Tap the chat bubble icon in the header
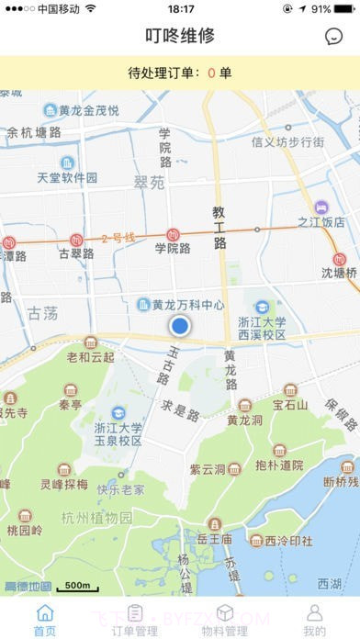(x=333, y=37)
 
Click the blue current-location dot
(x=180, y=325)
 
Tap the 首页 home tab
(x=44, y=621)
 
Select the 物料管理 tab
(x=225, y=621)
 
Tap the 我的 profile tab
(x=314, y=621)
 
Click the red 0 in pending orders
(x=211, y=73)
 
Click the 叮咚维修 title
(x=180, y=36)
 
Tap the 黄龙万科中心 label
(x=187, y=304)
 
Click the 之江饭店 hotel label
(x=321, y=221)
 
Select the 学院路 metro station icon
(x=173, y=235)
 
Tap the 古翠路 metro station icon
(x=77, y=241)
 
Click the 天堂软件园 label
(x=67, y=177)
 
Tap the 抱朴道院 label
(x=279, y=465)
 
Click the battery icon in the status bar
(x=343, y=8)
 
